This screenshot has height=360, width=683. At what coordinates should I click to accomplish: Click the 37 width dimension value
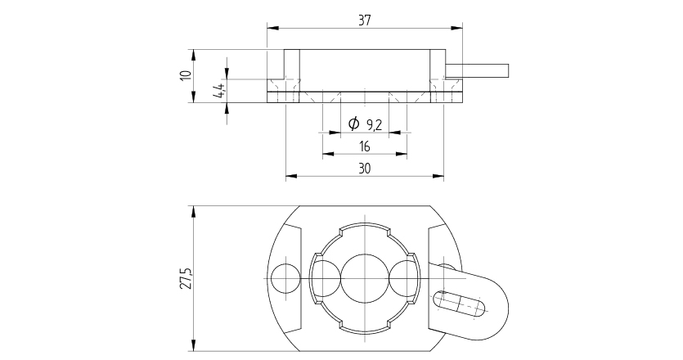click(x=365, y=21)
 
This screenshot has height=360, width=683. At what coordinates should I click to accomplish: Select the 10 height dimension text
click(x=186, y=75)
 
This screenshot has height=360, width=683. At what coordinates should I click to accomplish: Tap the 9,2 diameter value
click(x=375, y=124)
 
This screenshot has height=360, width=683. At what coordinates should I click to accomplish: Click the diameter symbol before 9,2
click(x=353, y=124)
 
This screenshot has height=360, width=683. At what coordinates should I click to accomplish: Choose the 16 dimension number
click(x=365, y=146)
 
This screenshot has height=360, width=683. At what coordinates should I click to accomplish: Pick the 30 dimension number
click(x=365, y=169)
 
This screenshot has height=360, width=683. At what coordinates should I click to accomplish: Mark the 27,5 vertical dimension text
click(x=186, y=277)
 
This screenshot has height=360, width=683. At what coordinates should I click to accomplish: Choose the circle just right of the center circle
click(x=404, y=277)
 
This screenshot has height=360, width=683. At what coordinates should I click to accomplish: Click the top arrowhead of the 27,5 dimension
click(x=194, y=211)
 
